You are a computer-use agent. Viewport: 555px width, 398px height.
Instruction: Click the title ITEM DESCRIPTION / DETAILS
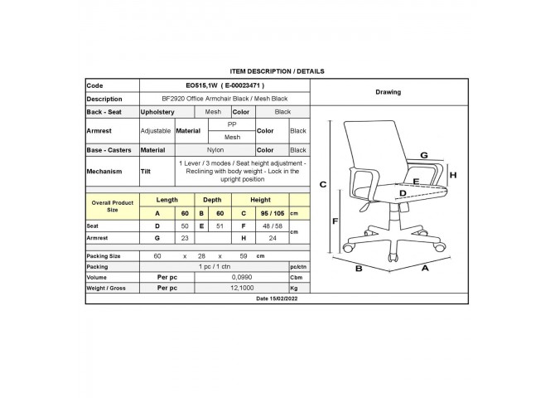tap(277, 71)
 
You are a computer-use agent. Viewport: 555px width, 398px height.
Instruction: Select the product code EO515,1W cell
tap(224, 85)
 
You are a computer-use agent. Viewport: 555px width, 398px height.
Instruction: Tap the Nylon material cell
tap(215, 150)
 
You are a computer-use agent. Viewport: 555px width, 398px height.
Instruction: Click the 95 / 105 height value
tap(273, 213)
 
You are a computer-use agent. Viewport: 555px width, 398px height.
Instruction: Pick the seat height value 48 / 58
tap(273, 226)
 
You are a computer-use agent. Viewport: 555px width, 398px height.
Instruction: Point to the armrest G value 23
tap(185, 238)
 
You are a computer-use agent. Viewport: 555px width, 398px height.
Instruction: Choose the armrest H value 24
tap(273, 238)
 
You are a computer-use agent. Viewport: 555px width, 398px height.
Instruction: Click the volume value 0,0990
tap(242, 277)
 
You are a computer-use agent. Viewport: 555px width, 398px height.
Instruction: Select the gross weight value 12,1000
tap(242, 288)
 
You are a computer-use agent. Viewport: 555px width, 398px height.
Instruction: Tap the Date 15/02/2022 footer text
tap(277, 298)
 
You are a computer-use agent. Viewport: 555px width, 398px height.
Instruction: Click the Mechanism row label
tap(104, 171)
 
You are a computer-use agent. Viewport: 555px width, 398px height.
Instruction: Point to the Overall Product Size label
tap(112, 206)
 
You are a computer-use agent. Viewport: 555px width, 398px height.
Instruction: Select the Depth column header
tap(212, 200)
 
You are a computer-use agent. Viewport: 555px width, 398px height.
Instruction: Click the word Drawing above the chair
tap(388, 92)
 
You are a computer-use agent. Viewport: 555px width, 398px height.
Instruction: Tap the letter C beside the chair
tap(323, 185)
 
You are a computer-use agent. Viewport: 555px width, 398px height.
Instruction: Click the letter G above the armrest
tap(423, 155)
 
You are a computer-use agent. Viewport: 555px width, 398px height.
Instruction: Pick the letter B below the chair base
tap(359, 269)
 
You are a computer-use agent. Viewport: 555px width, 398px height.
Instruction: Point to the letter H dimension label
tap(453, 175)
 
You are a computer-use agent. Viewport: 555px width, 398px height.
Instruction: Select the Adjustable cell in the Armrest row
tap(156, 131)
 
